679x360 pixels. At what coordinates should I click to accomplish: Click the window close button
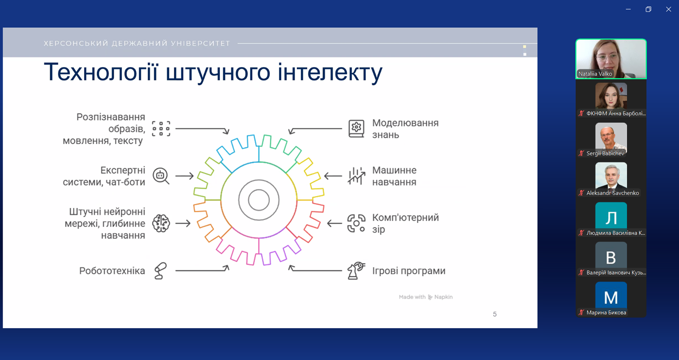(x=668, y=9)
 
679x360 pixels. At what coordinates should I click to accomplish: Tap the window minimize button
(x=629, y=9)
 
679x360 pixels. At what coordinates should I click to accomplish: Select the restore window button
(x=648, y=9)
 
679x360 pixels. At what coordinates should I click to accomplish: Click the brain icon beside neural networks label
(x=161, y=223)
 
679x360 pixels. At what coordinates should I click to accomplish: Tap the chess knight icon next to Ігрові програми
(x=356, y=271)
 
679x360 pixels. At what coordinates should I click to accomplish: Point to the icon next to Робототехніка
(x=161, y=271)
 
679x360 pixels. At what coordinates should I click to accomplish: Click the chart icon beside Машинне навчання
(x=356, y=176)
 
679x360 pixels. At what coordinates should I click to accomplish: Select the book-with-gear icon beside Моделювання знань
(x=356, y=129)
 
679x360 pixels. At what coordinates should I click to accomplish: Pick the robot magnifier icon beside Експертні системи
(x=161, y=176)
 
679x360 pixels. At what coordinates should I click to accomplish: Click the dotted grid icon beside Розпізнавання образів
(x=161, y=129)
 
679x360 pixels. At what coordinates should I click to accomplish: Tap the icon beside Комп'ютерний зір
(x=356, y=223)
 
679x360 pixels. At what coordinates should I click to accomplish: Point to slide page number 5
(x=495, y=314)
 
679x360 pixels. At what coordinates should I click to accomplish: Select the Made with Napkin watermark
(x=426, y=297)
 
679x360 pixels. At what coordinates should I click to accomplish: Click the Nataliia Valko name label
(x=595, y=73)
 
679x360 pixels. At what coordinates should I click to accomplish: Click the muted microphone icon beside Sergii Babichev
(x=581, y=153)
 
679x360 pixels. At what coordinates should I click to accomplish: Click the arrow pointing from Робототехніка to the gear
(x=202, y=269)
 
